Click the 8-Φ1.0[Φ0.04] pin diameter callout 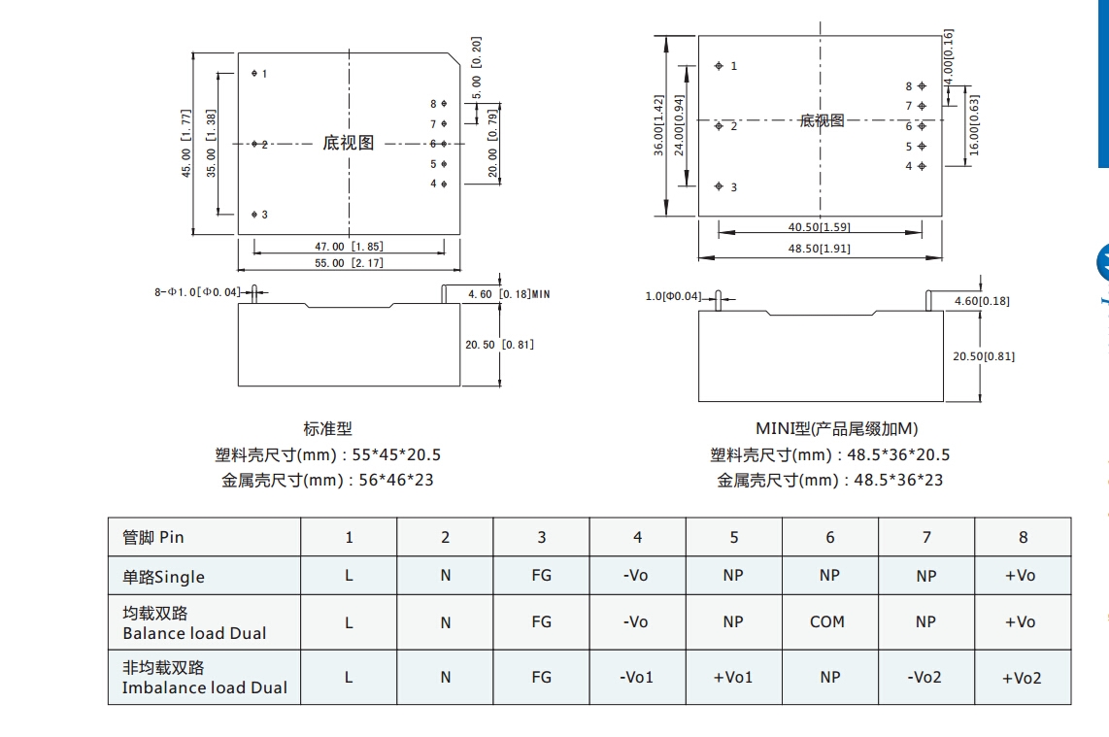coord(198,291)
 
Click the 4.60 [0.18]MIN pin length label coord(509,293)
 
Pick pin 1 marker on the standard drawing coord(253,73)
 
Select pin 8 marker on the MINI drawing coord(922,85)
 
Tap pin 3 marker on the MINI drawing coord(719,186)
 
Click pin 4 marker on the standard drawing coord(444,184)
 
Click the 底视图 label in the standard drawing coord(348,143)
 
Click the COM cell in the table coord(827,621)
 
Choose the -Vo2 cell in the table coord(924,677)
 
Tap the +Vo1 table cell coord(732,677)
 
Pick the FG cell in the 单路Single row coord(541,575)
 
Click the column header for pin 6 coord(829,537)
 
